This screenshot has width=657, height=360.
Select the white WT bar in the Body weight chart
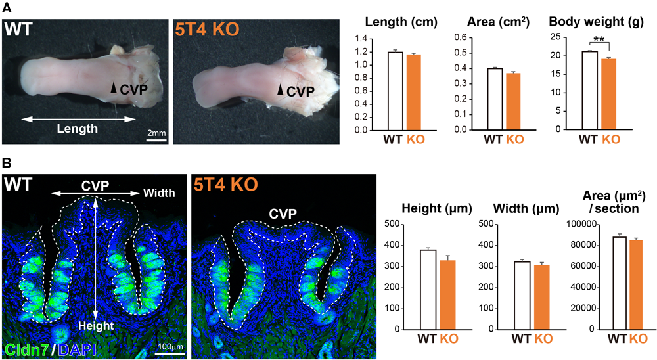[x=589, y=91]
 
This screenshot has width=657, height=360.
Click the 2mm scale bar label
[x=155, y=133]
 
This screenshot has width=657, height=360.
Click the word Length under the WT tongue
[x=76, y=129]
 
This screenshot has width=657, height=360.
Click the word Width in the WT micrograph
[x=158, y=193]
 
